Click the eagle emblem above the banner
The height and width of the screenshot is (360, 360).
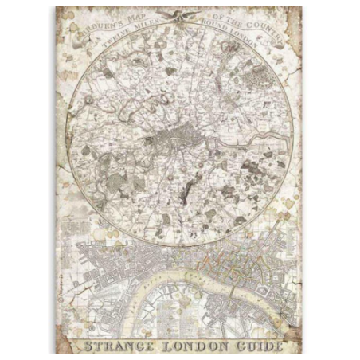point(182,15)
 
